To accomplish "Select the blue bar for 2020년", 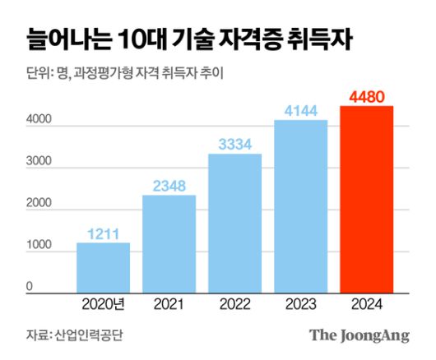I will click(x=103, y=268).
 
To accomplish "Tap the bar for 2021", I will click(x=169, y=244).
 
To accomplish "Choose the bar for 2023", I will click(x=300, y=206).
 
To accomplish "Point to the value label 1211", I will click(x=103, y=233).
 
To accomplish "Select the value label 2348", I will click(x=169, y=186).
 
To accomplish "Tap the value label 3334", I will click(x=234, y=145).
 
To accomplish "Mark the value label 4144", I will click(x=300, y=110).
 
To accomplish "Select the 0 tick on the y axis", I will click(x=29, y=287).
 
